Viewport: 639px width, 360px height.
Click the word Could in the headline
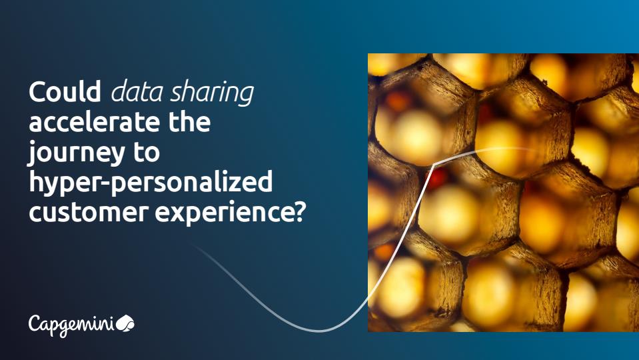pyautogui.click(x=65, y=91)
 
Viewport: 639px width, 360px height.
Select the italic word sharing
pyautogui.click(x=212, y=93)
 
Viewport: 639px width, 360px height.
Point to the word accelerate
pyautogui.click(x=95, y=121)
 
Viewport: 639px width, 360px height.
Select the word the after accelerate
pyautogui.click(x=189, y=121)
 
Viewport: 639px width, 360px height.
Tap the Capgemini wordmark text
pyautogui.click(x=72, y=325)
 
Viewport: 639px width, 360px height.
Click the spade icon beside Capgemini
pyautogui.click(x=125, y=323)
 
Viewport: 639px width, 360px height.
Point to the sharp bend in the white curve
pyautogui.click(x=434, y=164)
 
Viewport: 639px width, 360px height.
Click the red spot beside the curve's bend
pyautogui.click(x=437, y=178)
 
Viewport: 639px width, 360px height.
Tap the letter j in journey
pyautogui.click(x=31, y=154)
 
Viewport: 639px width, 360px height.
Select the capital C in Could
pyautogui.click(x=36, y=92)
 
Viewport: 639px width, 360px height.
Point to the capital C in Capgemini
pyautogui.click(x=35, y=323)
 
